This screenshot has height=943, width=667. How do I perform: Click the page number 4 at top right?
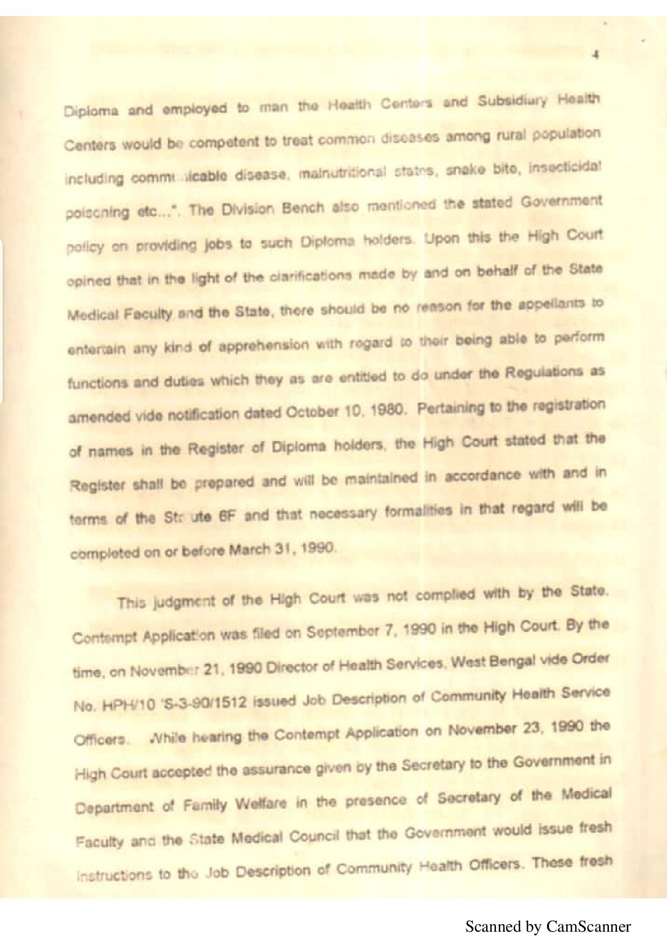[x=595, y=54]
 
